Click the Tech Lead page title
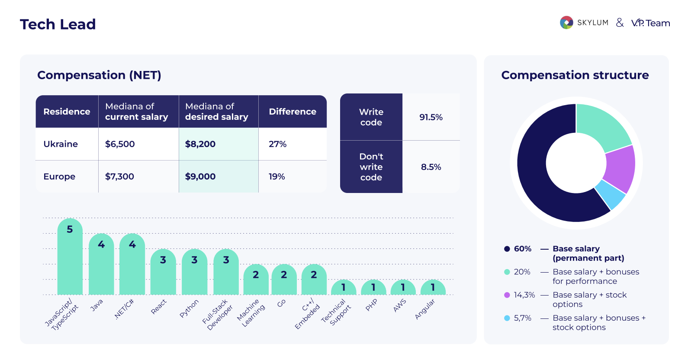58,24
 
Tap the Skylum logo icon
566,22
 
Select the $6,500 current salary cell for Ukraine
120,144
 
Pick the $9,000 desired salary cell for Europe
200,177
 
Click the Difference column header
293,112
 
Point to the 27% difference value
277,144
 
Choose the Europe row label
59,177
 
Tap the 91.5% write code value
431,117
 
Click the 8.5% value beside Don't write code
431,167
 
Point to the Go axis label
281,303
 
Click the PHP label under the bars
371,305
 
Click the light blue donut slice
611,194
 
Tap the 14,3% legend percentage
524,295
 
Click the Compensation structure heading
575,75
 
